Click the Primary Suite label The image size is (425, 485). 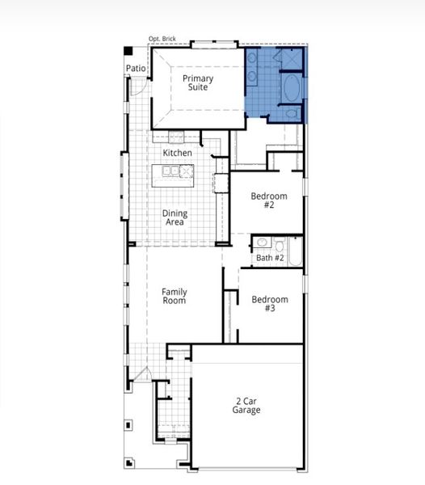[x=198, y=82]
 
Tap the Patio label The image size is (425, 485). [x=135, y=69]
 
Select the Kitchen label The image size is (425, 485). [x=178, y=153]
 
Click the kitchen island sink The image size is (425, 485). [x=170, y=171]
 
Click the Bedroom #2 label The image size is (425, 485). [x=268, y=200]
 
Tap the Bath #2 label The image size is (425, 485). [x=270, y=258]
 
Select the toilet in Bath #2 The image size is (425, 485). [x=279, y=242]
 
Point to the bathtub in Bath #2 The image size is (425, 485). [x=296, y=251]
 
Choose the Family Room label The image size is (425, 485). [x=174, y=296]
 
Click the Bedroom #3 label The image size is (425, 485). [x=269, y=303]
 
